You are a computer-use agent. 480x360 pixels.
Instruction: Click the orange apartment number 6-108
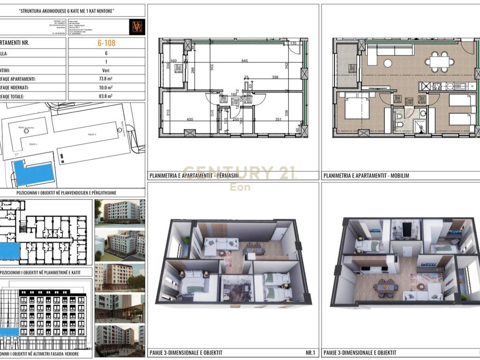coord(106,43)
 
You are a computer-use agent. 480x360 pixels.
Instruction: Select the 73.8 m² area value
coord(106,79)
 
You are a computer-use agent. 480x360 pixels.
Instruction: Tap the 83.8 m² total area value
coord(106,96)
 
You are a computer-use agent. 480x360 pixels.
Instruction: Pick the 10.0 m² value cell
coord(106,88)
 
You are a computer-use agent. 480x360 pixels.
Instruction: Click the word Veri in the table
coord(106,70)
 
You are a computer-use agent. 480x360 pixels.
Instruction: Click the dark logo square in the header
coord(138,26)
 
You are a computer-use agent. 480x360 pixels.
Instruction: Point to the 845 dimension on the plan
coord(245,60)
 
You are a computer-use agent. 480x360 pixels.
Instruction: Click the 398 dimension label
coord(275,77)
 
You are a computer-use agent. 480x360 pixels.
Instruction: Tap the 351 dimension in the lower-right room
coord(278,120)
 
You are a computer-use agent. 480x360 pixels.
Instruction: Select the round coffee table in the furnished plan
coord(388,63)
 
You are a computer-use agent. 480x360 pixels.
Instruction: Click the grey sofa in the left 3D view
coord(222,244)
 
